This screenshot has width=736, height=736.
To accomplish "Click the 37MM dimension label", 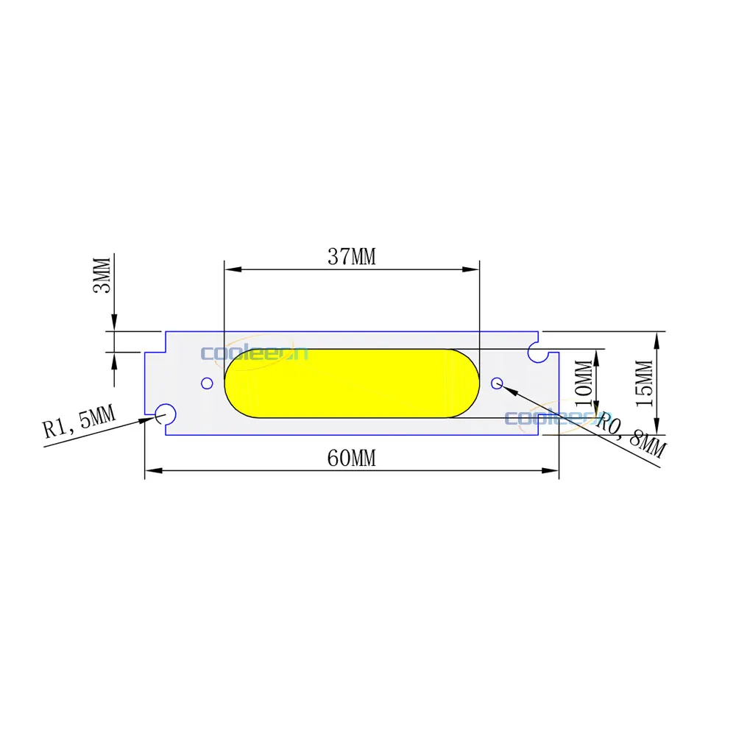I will pyautogui.click(x=351, y=257).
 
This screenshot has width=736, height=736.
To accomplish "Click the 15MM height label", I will pyautogui.click(x=644, y=383).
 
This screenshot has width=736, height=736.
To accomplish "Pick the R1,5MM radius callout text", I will pyautogui.click(x=79, y=422).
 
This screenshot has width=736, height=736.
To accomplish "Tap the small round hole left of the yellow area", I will pyautogui.click(x=207, y=383).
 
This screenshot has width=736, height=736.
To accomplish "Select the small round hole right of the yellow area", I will pyautogui.click(x=497, y=382).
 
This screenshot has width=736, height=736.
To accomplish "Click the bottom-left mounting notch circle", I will pyautogui.click(x=164, y=414).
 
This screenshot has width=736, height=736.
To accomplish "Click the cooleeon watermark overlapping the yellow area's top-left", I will pyautogui.click(x=254, y=353).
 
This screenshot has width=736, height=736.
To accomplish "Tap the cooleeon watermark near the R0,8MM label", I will pyautogui.click(x=548, y=417).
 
